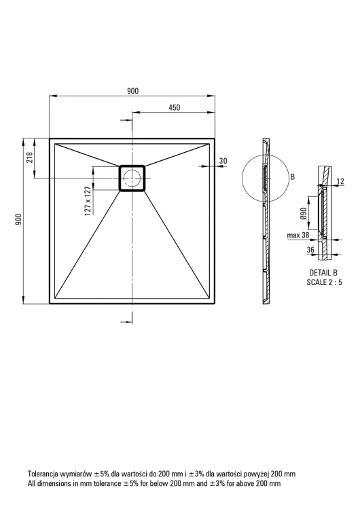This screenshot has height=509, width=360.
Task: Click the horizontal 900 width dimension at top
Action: (132, 91)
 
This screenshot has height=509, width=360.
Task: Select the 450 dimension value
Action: (175, 107)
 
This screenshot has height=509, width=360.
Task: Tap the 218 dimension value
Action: (30, 157)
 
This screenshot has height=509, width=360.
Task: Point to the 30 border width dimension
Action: (223, 161)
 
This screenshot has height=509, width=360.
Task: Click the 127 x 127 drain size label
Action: (87, 202)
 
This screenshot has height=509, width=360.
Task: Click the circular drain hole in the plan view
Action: (132, 178)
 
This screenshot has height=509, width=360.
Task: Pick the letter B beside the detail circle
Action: (293, 177)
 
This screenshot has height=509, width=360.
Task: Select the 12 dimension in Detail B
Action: (340, 181)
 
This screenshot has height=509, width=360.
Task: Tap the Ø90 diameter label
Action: (304, 213)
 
